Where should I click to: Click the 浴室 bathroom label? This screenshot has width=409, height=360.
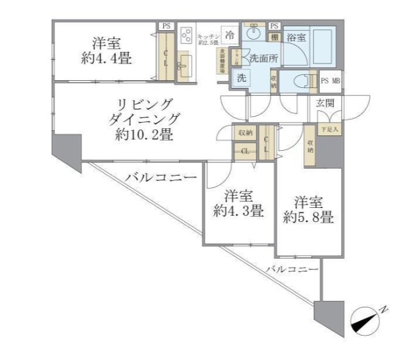296,38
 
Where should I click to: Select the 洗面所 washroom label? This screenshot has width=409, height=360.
263,57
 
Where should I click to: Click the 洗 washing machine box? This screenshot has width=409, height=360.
242,78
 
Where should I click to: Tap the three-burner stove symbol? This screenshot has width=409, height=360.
187,33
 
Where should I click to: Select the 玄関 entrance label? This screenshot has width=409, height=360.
325,103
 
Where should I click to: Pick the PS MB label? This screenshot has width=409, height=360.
331,81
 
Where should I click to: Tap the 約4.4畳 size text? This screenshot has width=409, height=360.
106,59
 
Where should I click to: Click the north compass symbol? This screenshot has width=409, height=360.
366,320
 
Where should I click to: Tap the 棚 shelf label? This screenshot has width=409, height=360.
274,37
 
